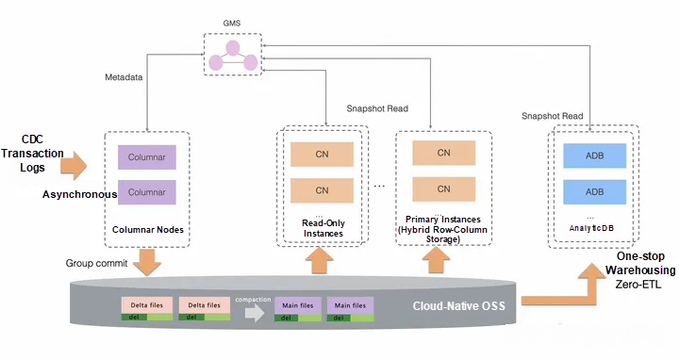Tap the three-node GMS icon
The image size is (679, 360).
(x=231, y=55)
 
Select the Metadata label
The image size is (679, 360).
(x=123, y=77)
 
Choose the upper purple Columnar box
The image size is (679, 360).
(x=146, y=157)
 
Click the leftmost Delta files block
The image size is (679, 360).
(x=146, y=305)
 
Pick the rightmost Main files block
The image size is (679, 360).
(x=350, y=305)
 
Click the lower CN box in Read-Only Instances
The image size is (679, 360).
(x=322, y=189)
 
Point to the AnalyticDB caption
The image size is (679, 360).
(x=594, y=229)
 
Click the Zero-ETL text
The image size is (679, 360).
(x=641, y=283)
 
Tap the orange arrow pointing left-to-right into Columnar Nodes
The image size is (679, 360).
(x=74, y=168)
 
